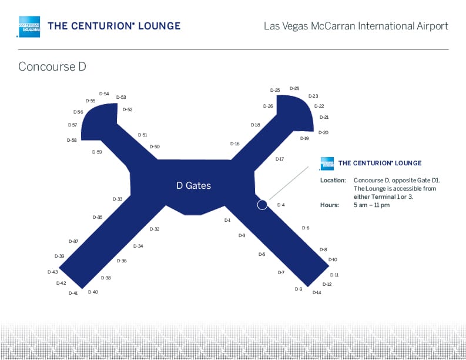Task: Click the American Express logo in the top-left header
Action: pos(29,26)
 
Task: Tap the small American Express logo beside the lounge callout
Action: pos(327,164)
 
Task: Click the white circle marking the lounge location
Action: pos(262,205)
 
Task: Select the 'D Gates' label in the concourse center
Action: pos(193,185)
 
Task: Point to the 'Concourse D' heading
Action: pos(52,66)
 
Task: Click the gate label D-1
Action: pos(227,221)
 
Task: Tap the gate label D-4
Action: pos(281,205)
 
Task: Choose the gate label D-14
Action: pos(317,292)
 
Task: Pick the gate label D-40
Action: pos(93,292)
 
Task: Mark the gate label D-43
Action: pos(53,272)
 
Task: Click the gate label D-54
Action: pos(104,94)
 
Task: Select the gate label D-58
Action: pos(72,140)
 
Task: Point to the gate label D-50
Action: pos(155,146)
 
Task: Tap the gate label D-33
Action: pos(118,199)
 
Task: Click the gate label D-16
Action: pos(234,144)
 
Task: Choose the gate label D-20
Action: pos(323,132)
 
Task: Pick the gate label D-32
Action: pos(155,229)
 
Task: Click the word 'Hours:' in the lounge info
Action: pos(330,205)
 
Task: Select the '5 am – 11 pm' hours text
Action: pos(372,205)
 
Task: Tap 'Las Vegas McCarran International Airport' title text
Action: pos(356,26)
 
